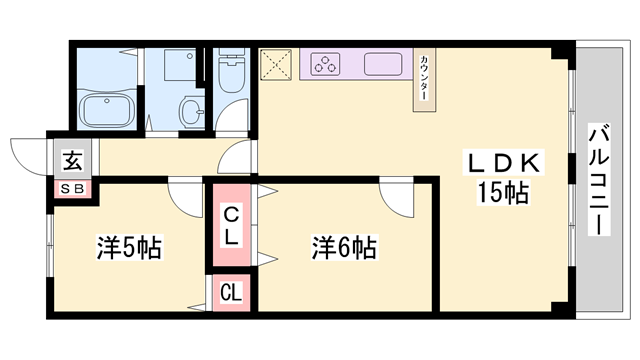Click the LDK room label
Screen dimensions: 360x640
coord(504,163)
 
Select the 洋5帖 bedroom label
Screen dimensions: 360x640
coord(129,246)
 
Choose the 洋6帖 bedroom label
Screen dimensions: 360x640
coord(343,246)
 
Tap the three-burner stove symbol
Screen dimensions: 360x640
coord(327,65)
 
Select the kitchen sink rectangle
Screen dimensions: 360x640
coord(385,65)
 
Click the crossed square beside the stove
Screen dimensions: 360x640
coord(275,64)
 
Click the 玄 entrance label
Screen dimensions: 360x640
coord(73,160)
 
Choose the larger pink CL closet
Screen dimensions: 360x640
coord(230,225)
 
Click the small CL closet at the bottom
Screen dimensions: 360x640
coord(230,292)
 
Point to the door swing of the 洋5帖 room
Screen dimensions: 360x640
coord(184,196)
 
